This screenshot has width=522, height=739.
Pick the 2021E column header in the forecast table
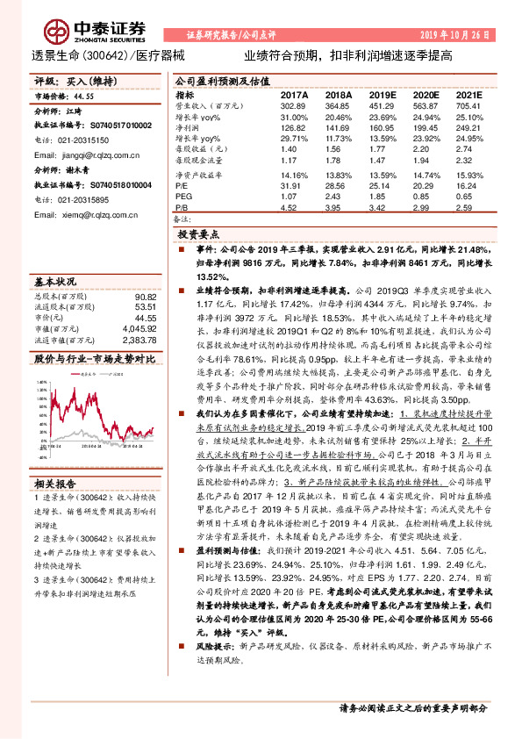coord(470,94)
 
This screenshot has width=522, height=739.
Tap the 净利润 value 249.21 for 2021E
coord(470,129)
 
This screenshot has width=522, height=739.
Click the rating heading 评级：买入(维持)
coord(72,81)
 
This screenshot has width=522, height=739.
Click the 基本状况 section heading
coord(56,281)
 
